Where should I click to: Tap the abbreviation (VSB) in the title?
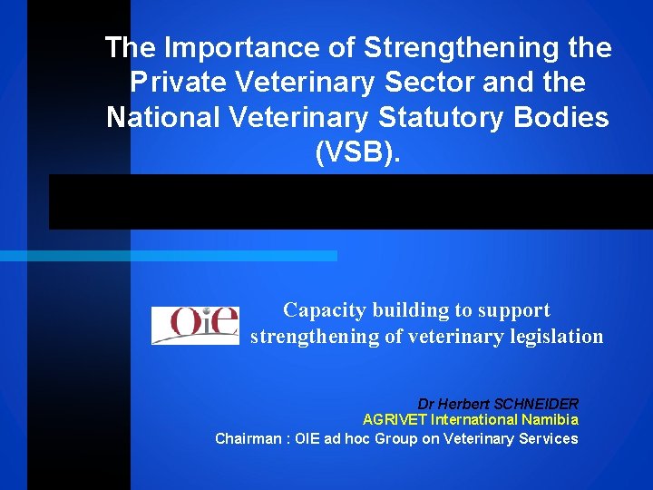click(x=356, y=152)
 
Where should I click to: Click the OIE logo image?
click(x=194, y=325)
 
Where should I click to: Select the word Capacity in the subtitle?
click(x=322, y=310)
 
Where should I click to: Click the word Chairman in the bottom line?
click(x=246, y=439)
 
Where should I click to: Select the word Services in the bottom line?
click(x=548, y=439)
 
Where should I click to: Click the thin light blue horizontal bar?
click(x=168, y=256)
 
